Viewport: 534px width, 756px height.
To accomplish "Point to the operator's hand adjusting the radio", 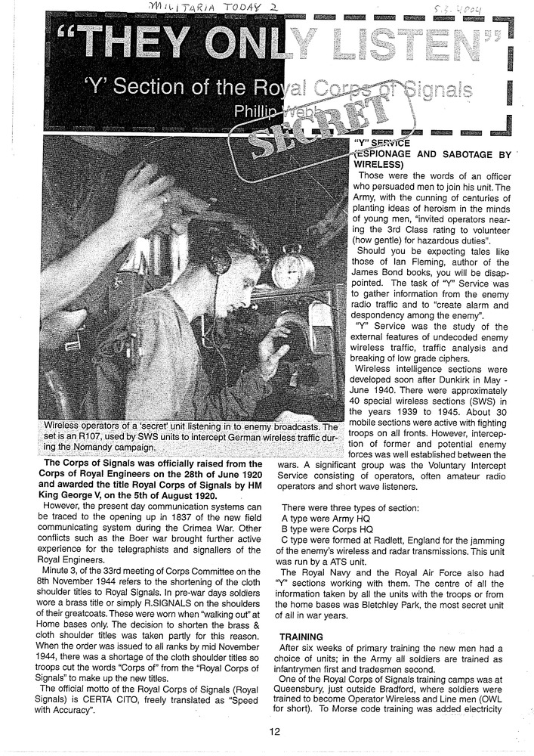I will click(x=272, y=349).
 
